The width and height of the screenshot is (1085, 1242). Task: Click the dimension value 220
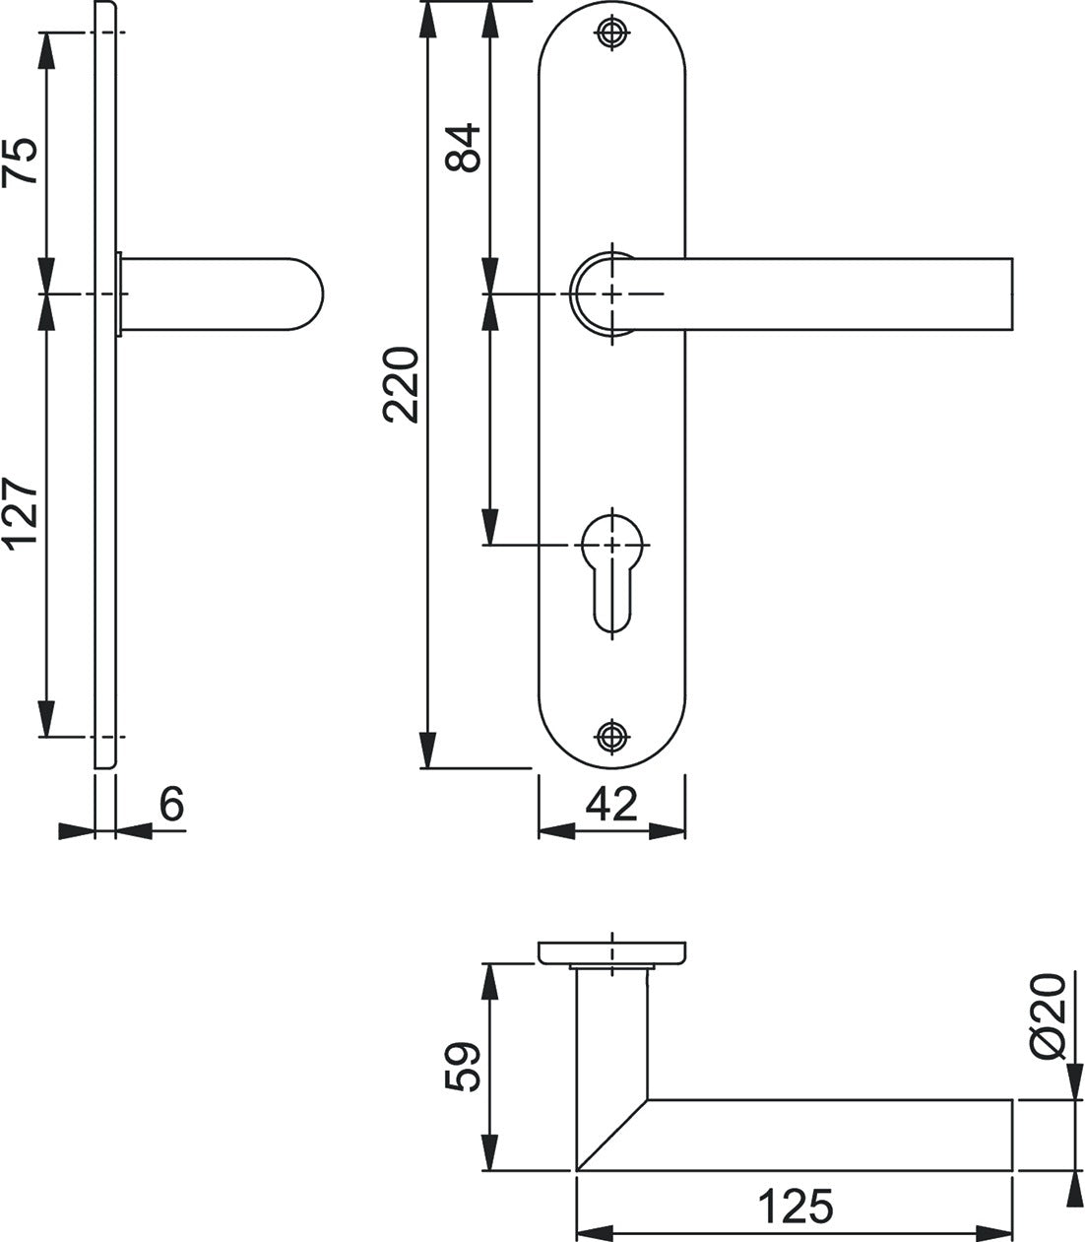point(401,384)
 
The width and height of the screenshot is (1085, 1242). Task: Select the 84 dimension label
point(463,148)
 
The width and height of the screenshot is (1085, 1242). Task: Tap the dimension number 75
point(20,161)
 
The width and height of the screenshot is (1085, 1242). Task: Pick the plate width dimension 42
point(611,804)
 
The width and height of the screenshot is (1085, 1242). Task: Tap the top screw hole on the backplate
point(611,33)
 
